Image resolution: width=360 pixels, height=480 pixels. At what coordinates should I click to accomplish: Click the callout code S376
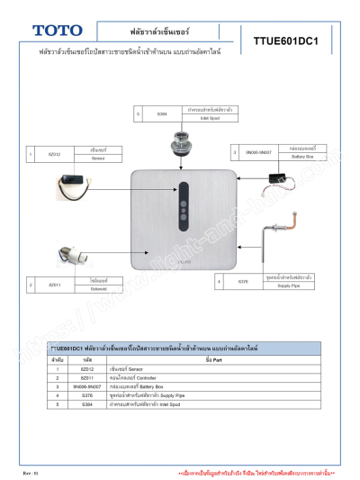(x=243, y=282)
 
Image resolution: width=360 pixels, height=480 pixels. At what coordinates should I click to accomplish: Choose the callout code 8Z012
(x=54, y=154)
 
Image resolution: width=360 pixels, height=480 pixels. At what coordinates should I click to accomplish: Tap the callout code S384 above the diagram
(x=162, y=114)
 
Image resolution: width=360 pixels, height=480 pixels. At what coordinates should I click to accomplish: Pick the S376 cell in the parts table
(x=87, y=395)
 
